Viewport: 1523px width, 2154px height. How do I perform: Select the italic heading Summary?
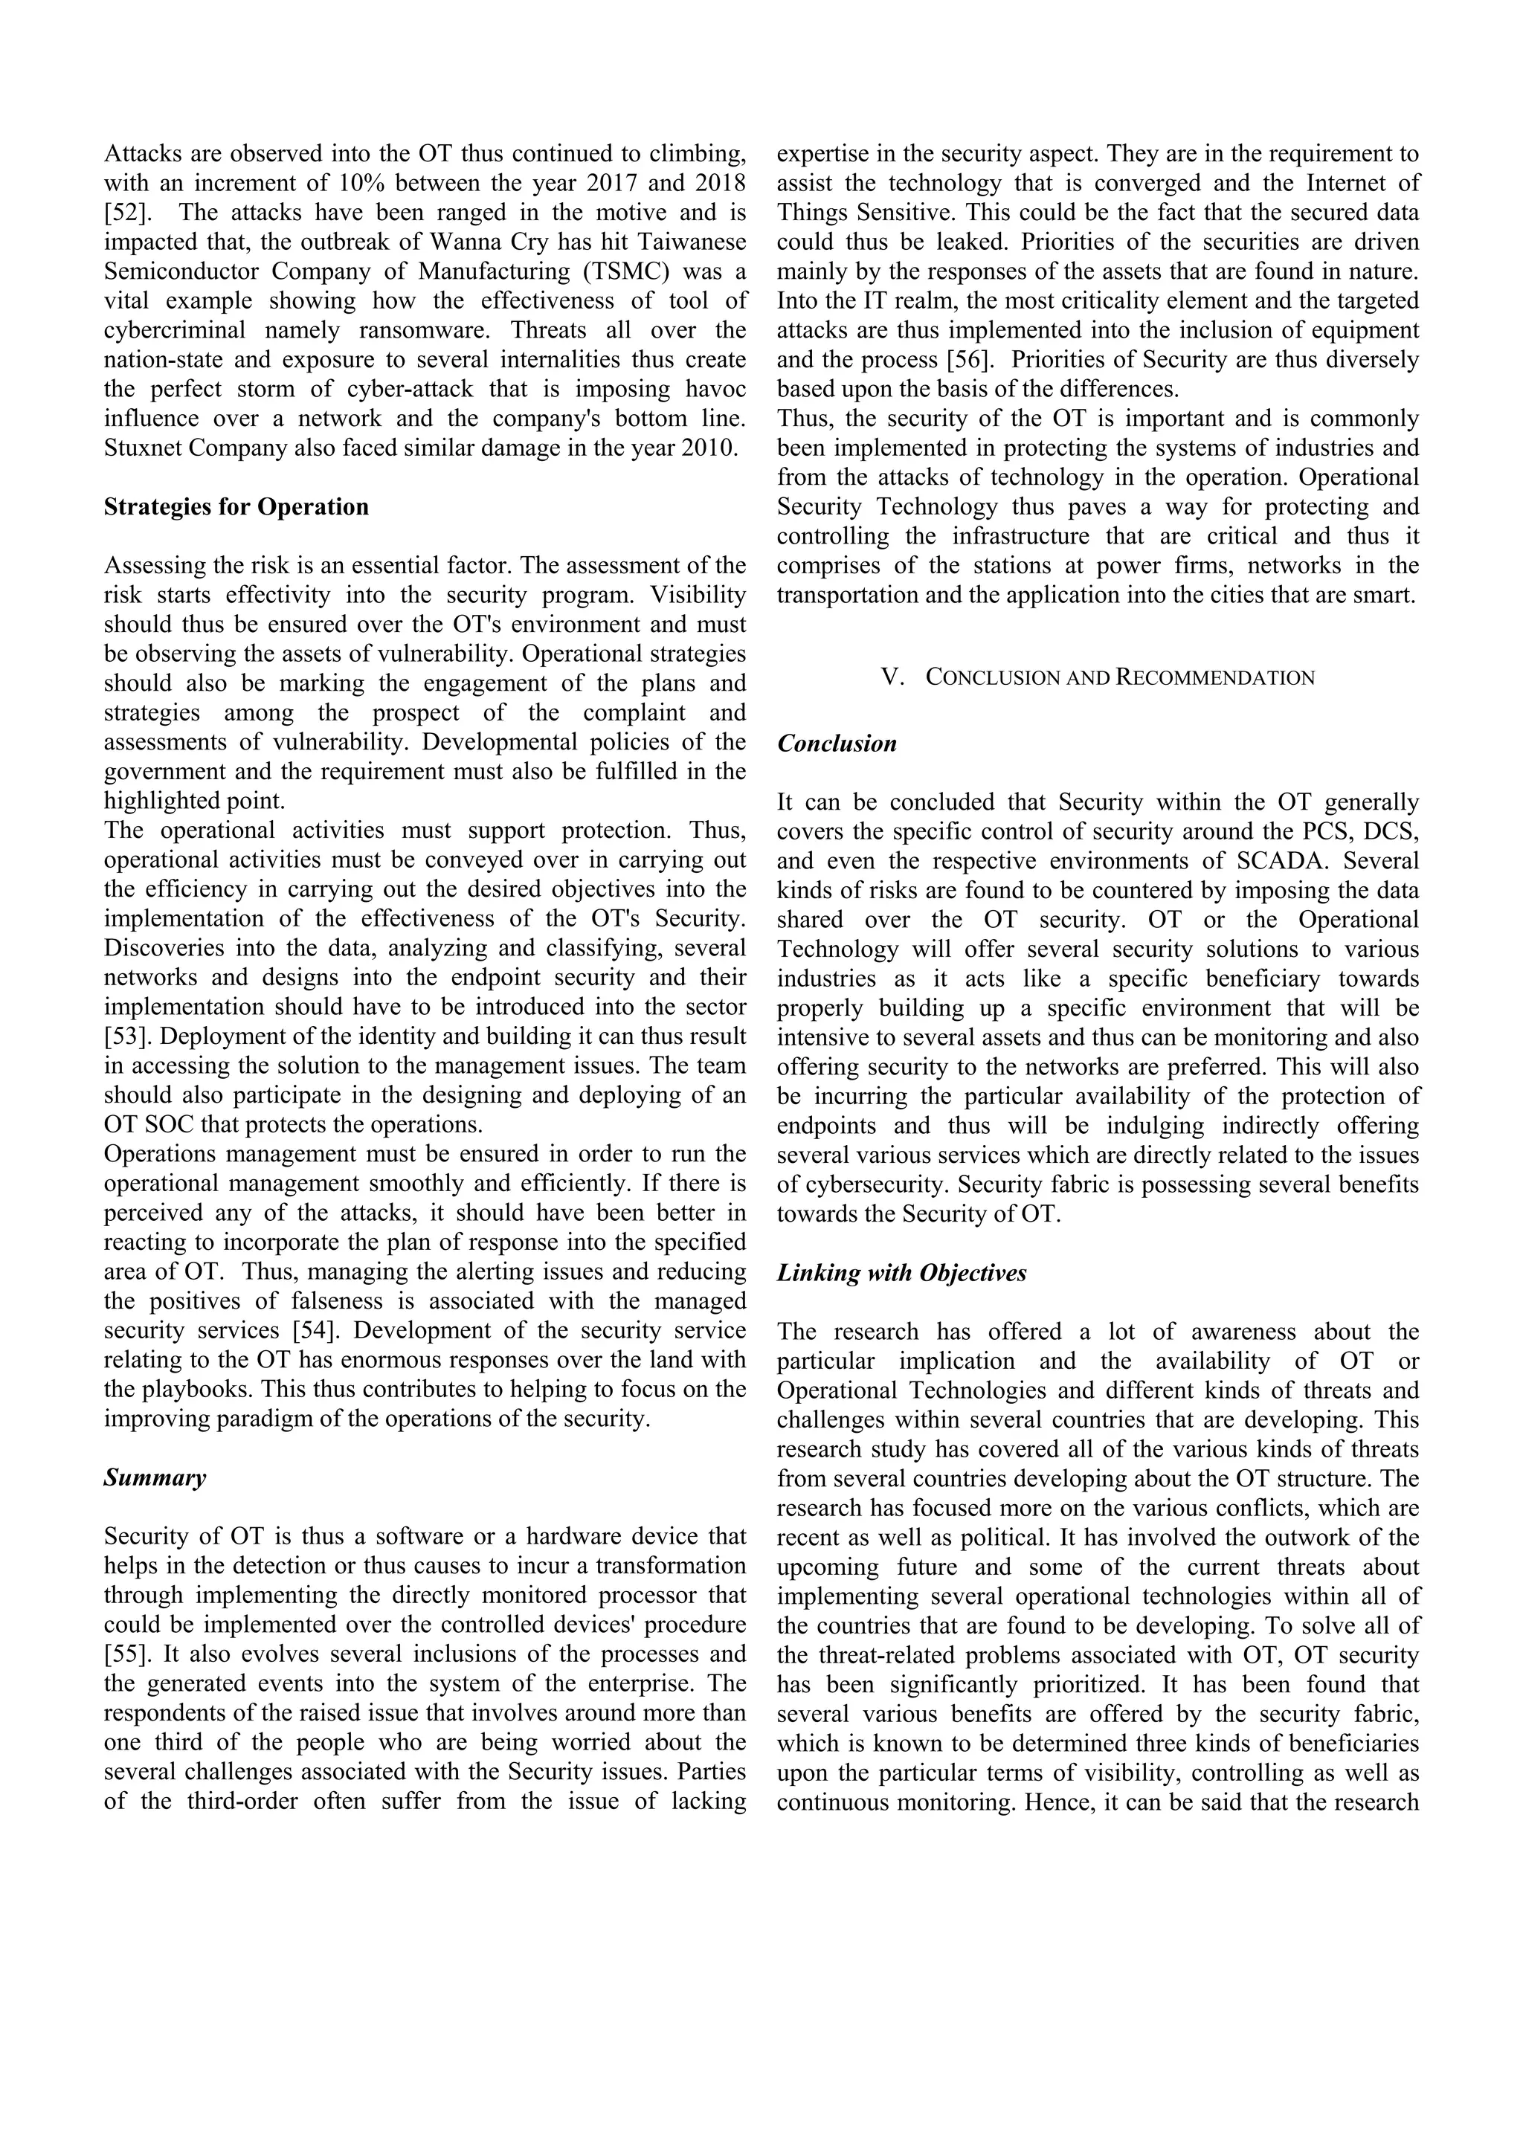(x=155, y=1477)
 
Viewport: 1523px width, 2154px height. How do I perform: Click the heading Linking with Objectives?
(x=901, y=1272)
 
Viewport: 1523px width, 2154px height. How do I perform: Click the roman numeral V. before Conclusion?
(x=892, y=677)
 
